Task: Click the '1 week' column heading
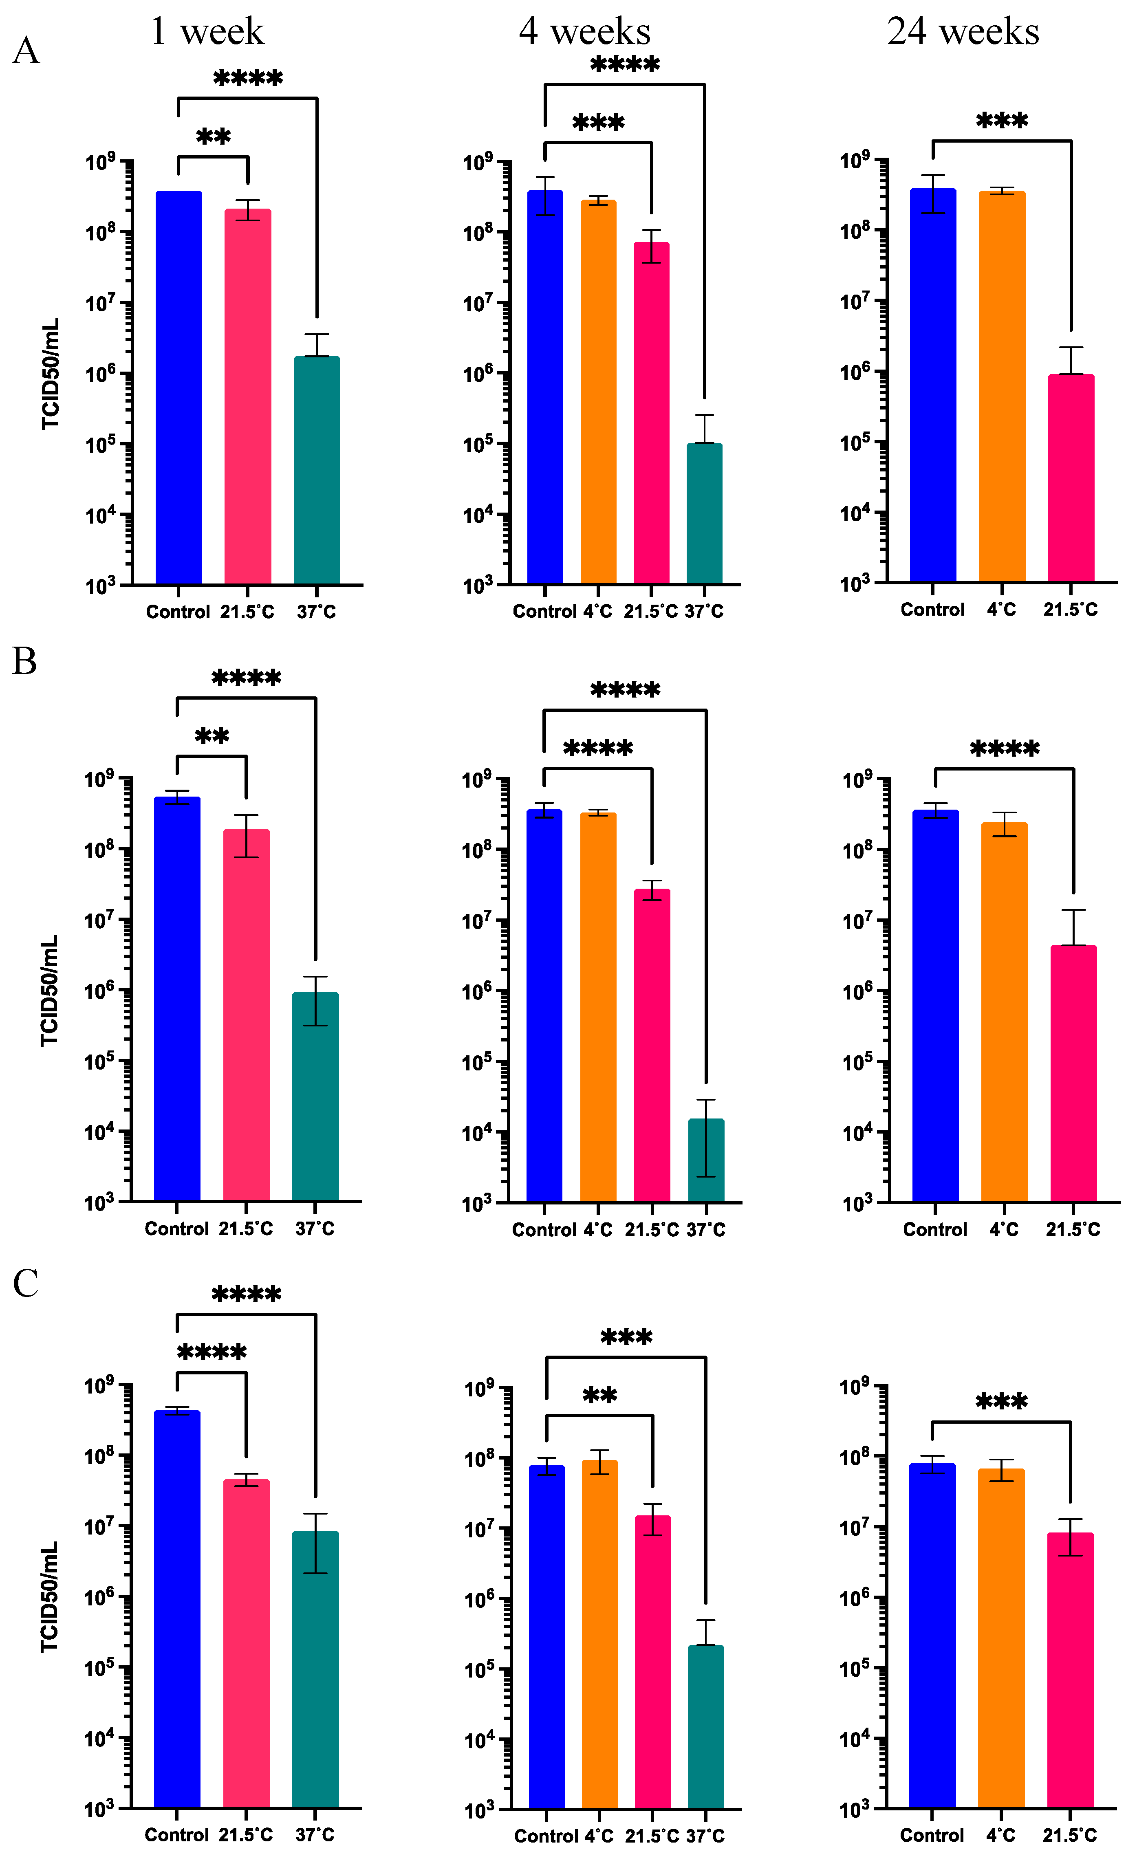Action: tap(207, 32)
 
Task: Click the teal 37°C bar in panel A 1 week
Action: tap(317, 471)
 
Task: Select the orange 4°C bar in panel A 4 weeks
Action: tap(598, 392)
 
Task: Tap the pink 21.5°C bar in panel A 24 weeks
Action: tap(1071, 478)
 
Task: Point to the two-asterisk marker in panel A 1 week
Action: tap(213, 137)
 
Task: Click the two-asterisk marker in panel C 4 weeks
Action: tap(600, 1396)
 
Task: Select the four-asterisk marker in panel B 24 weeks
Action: tap(1005, 749)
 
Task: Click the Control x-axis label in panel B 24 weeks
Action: tap(934, 1229)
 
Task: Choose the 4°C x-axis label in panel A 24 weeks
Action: tap(1001, 610)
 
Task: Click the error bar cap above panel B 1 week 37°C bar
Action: tap(316, 977)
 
